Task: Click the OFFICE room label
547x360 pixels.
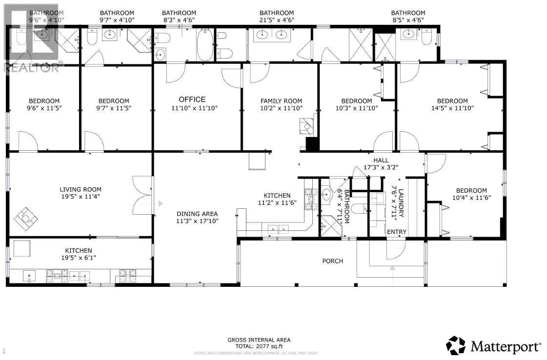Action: coord(192,100)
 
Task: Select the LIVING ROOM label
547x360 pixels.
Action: coord(81,189)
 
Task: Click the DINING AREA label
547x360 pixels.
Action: coord(197,214)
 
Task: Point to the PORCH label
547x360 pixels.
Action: coord(332,261)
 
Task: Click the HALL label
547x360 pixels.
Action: coord(381,160)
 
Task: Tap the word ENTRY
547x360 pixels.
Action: coord(397,232)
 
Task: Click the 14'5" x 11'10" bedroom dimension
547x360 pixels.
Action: coord(452,108)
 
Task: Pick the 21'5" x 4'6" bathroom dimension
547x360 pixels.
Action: coord(277,20)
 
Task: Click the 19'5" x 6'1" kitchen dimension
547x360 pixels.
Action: coord(75,258)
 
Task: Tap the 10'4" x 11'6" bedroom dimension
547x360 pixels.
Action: coord(471,198)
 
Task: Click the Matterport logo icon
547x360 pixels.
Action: coord(456,345)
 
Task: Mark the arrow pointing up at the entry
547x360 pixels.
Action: coord(392,269)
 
